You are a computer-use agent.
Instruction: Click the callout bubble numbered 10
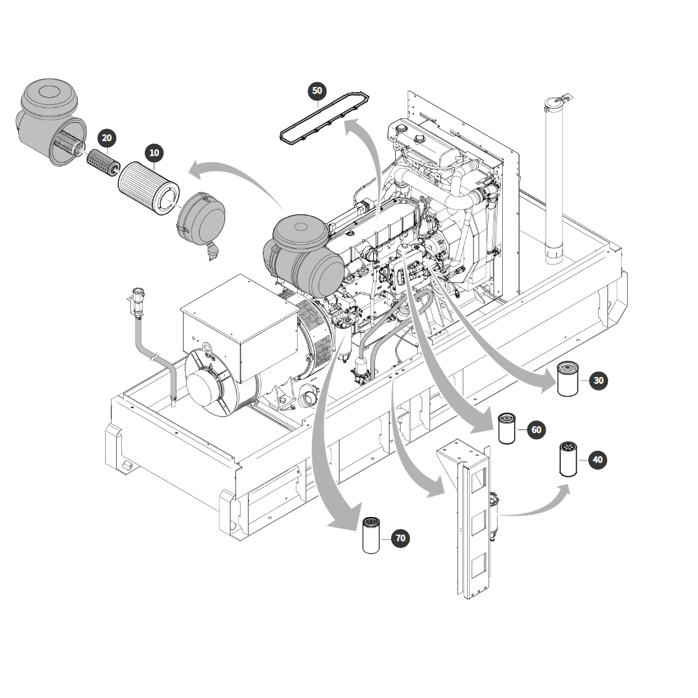pyautogui.click(x=154, y=153)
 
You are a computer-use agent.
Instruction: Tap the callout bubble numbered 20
pyautogui.click(x=107, y=138)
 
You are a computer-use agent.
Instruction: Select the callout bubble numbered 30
pyautogui.click(x=599, y=381)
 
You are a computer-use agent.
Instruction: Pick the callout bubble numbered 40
pyautogui.click(x=598, y=459)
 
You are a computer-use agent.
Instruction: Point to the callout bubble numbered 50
pyautogui.click(x=317, y=91)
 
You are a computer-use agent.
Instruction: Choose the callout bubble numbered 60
pyautogui.click(x=536, y=429)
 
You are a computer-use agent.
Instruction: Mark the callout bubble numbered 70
pyautogui.click(x=401, y=538)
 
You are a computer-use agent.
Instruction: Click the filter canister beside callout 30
pyautogui.click(x=568, y=379)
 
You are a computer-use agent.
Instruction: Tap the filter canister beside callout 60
pyautogui.click(x=507, y=428)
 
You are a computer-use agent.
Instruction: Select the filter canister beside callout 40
pyautogui.click(x=568, y=459)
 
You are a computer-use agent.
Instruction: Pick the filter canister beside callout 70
pyautogui.click(x=371, y=535)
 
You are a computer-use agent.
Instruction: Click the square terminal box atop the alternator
pyautogui.click(x=240, y=328)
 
